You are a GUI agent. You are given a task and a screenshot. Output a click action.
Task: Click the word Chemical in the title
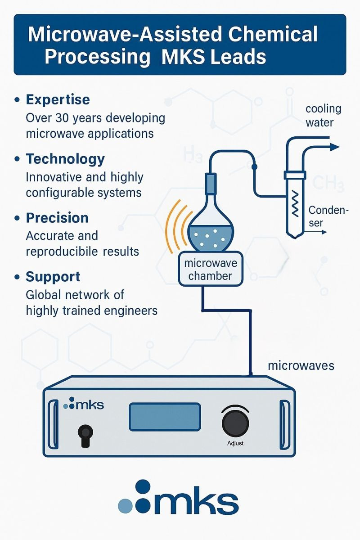(x=273, y=34)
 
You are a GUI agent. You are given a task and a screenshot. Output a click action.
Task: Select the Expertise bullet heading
(x=58, y=99)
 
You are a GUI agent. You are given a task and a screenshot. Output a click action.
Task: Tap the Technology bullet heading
(x=65, y=159)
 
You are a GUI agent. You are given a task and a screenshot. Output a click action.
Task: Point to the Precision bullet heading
(x=57, y=218)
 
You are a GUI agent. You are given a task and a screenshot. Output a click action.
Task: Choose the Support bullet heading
(x=53, y=277)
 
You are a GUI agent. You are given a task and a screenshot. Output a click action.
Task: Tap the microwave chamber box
(x=211, y=269)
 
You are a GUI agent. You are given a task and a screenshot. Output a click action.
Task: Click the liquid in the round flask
(x=211, y=238)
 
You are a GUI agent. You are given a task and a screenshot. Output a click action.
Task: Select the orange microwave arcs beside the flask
(x=179, y=226)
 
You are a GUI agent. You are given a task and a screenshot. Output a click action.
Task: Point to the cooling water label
(x=324, y=116)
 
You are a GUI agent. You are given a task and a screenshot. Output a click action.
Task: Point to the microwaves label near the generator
(x=301, y=366)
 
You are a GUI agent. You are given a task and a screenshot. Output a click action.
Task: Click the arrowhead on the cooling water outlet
(x=335, y=147)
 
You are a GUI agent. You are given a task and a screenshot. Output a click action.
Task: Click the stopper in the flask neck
(x=211, y=183)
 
